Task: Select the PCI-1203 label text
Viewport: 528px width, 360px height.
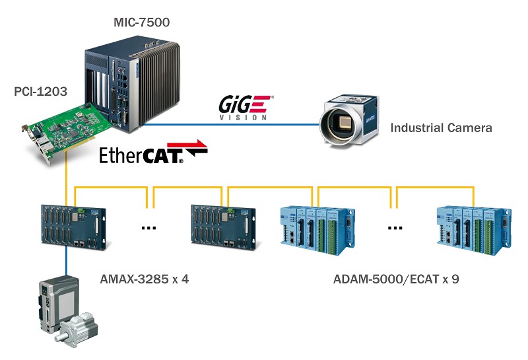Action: (x=40, y=92)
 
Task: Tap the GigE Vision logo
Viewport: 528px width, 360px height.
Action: (x=245, y=108)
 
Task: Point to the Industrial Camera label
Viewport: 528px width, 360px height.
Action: (x=441, y=127)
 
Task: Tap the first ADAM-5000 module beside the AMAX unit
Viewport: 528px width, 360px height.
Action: (x=313, y=231)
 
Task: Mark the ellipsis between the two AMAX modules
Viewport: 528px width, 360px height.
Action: (x=148, y=229)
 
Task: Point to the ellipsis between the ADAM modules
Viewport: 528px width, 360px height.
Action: (x=395, y=229)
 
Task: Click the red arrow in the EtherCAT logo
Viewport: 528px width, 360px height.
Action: (x=196, y=148)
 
